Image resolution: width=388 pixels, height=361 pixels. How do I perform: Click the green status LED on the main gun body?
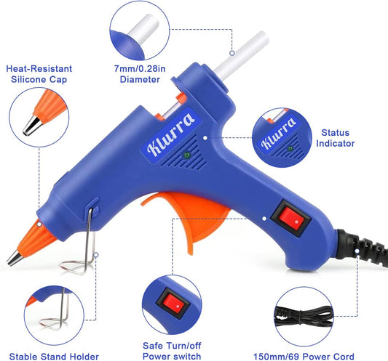click(187, 155)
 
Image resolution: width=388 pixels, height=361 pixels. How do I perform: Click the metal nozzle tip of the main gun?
click(14, 259)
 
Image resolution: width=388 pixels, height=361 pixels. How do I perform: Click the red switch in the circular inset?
click(173, 299)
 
